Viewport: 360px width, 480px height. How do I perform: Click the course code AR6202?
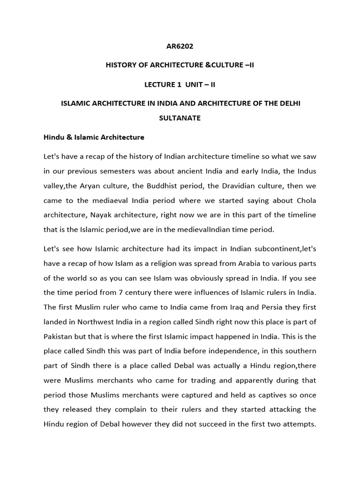tap(180, 46)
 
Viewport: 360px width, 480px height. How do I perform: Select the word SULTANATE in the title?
tap(180, 118)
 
